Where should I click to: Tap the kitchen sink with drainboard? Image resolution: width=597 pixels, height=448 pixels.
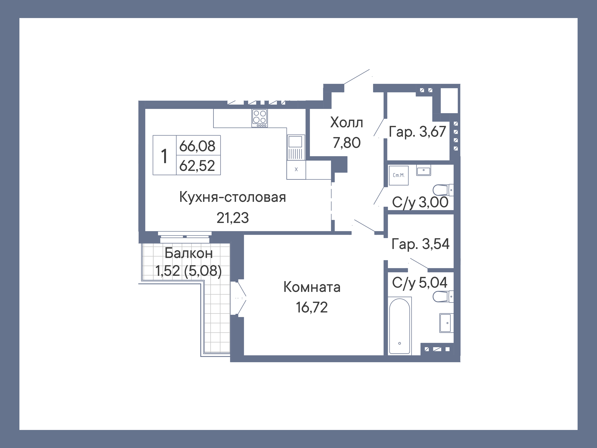point(296,147)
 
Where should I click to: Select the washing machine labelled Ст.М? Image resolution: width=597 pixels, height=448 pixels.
point(399,175)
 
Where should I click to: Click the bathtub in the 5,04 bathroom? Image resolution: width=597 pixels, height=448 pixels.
point(400,326)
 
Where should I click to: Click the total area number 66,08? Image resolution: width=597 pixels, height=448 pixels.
point(197,146)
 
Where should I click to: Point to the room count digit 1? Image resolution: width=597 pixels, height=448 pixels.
point(164,156)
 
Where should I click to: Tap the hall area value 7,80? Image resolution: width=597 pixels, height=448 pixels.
point(347,143)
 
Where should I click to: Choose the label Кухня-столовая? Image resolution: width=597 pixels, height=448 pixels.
point(232,197)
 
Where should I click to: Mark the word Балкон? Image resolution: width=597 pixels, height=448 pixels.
point(189,253)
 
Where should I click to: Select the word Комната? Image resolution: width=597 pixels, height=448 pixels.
point(312,287)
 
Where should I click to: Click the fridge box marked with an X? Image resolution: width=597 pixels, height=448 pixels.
point(296,170)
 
